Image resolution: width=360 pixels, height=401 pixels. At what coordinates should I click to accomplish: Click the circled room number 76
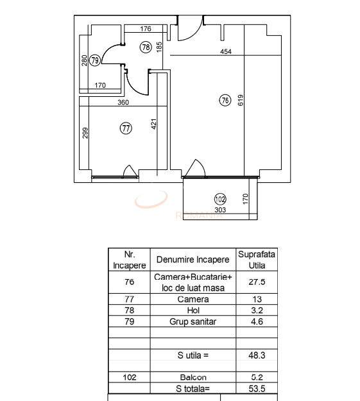(225, 100)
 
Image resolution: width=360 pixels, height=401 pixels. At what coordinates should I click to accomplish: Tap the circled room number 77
(126, 128)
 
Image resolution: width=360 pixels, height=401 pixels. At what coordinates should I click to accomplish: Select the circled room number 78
(146, 47)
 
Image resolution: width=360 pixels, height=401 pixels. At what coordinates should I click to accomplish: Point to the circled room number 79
(95, 60)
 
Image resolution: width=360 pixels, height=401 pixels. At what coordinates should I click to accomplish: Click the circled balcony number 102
(220, 199)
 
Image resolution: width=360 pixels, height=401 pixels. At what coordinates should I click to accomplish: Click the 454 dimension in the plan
(226, 52)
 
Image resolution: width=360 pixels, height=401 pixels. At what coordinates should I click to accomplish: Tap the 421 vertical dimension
(154, 124)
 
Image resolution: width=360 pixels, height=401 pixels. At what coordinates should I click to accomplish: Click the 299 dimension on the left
(85, 133)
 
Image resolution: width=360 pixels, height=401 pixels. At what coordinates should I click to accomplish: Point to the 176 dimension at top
(145, 29)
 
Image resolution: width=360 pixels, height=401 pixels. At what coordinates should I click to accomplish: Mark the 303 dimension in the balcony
(219, 209)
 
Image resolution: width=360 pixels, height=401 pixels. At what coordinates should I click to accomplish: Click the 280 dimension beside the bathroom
(84, 60)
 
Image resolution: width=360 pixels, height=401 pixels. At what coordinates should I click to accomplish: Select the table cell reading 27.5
(257, 282)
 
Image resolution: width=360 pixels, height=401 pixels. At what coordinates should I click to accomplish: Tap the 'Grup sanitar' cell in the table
(193, 322)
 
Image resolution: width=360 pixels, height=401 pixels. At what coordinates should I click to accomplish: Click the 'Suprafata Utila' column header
(257, 259)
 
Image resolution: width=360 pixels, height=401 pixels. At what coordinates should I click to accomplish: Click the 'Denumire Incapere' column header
(193, 260)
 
